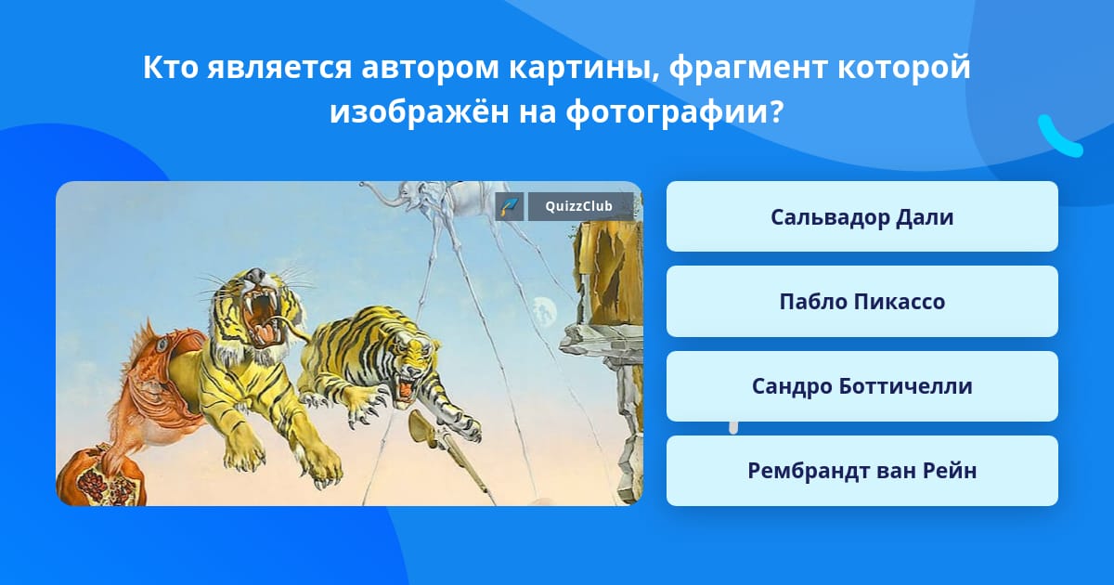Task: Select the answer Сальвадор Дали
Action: point(861,217)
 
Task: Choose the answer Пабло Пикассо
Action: point(861,302)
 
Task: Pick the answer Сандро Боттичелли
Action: point(861,386)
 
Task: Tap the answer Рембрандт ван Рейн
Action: point(861,471)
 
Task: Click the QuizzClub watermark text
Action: point(578,206)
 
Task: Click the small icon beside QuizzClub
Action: point(510,206)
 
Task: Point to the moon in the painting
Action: point(544,312)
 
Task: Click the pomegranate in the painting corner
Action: point(99,476)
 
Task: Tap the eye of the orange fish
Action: point(162,344)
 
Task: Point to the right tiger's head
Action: point(410,364)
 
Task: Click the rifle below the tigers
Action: point(450,454)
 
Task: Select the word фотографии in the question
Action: point(674,113)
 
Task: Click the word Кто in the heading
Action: point(171,67)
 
